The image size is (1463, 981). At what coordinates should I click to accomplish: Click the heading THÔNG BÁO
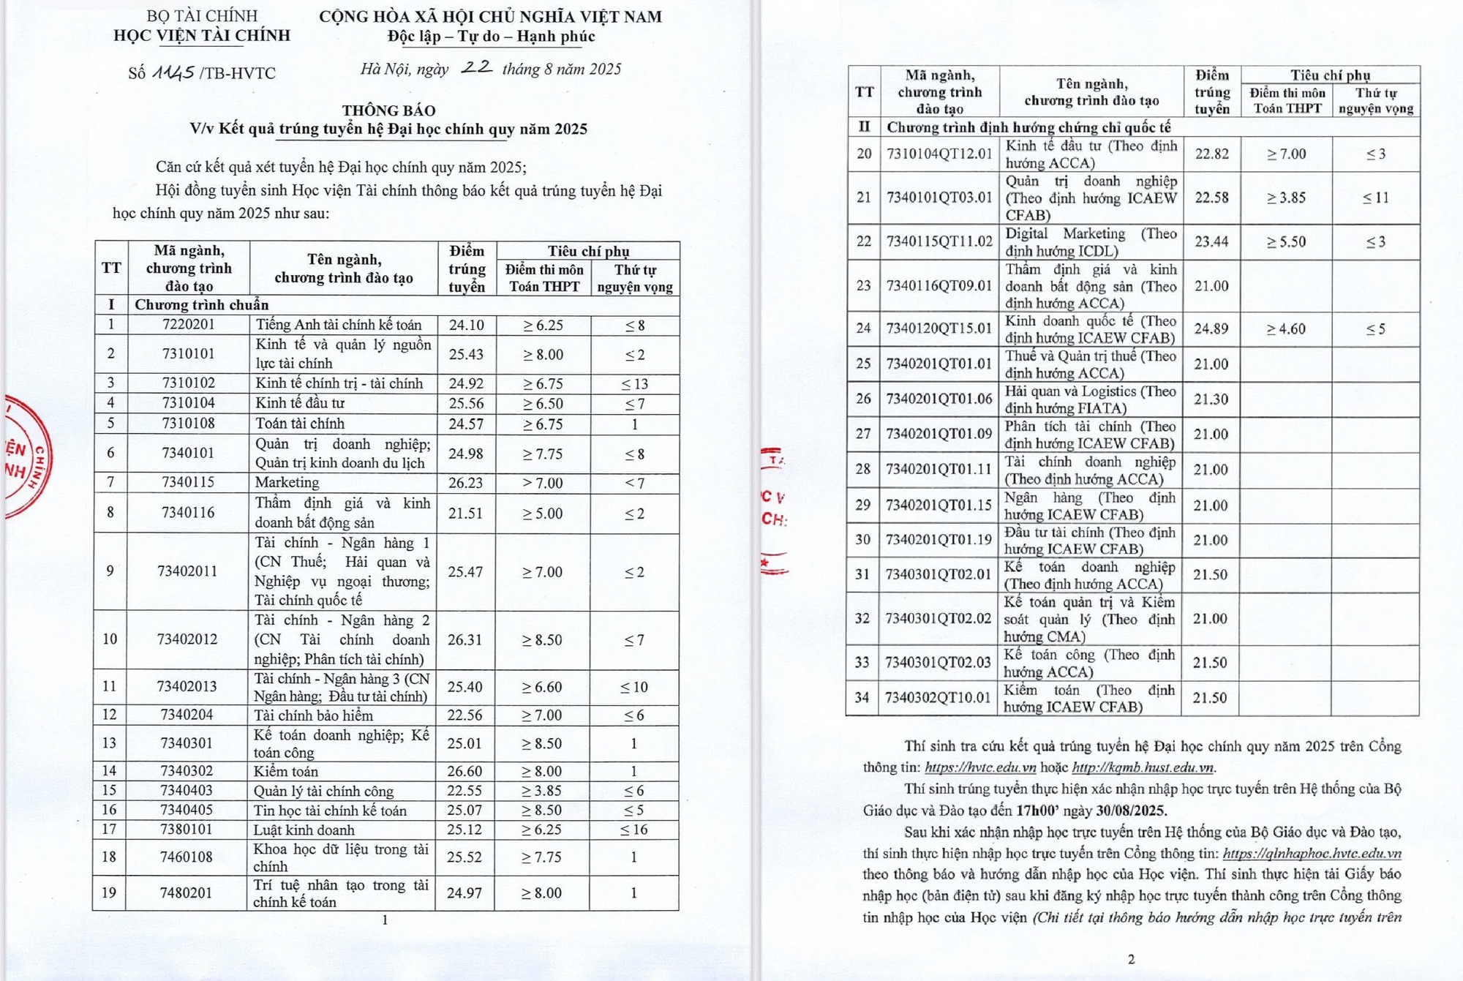pos(388,110)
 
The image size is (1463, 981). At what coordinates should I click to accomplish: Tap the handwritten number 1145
pos(173,72)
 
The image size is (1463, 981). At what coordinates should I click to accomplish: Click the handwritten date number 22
pos(476,67)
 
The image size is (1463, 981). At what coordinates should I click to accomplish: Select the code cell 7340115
pos(188,482)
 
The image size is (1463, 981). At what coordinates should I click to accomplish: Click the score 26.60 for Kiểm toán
pos(465,771)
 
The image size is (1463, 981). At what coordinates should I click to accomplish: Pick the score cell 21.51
pos(465,513)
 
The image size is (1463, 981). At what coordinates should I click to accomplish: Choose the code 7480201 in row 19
pos(187,892)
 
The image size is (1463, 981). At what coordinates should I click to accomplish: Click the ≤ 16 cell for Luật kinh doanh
pos(634,830)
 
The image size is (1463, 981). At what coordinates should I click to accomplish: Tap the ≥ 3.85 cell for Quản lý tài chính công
pos(541,791)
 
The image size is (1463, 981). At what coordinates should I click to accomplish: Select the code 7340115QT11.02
pos(939,241)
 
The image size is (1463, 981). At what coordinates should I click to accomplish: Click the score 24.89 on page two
pos(1211,328)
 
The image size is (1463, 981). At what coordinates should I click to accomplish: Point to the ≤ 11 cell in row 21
pos(1375,198)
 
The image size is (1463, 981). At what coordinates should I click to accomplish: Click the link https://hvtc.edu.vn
pos(980,767)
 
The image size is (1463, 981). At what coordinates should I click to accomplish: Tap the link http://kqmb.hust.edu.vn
pos(1143,767)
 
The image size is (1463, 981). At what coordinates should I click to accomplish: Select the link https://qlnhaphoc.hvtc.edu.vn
pos(1312,853)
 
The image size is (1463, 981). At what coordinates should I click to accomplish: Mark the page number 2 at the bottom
pos(1131,959)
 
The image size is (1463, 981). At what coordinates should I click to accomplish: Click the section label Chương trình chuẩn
pos(201,305)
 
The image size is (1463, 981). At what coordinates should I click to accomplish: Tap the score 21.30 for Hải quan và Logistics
pos(1211,399)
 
